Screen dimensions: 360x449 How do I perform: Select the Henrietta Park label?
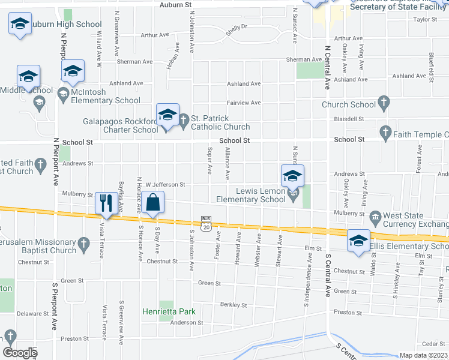[169, 311]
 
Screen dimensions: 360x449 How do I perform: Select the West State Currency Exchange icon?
[375, 216]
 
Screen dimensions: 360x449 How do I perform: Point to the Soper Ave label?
[209, 161]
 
